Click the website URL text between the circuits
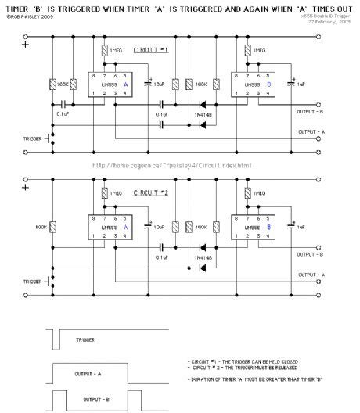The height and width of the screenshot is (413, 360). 172,166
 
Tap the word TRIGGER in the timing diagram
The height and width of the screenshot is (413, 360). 87,341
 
